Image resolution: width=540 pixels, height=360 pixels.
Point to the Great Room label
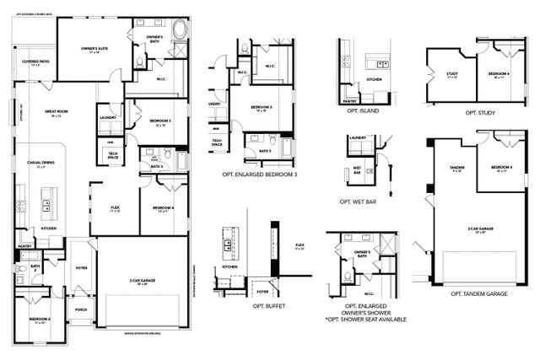tap(58, 115)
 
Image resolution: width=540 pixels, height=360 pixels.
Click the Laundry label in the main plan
tap(108, 117)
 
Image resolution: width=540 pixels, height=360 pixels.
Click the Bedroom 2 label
tap(39, 320)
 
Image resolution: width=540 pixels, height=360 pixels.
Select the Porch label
tap(82, 309)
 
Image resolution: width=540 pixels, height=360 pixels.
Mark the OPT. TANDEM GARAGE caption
tap(478, 293)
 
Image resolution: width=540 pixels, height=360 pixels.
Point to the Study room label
tap(452, 74)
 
